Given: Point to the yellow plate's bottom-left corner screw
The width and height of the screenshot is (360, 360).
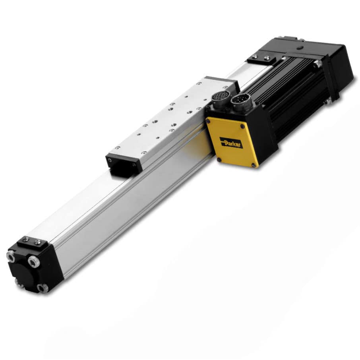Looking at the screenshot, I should [218, 160].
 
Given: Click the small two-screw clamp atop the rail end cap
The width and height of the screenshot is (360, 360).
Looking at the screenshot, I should [32, 241].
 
